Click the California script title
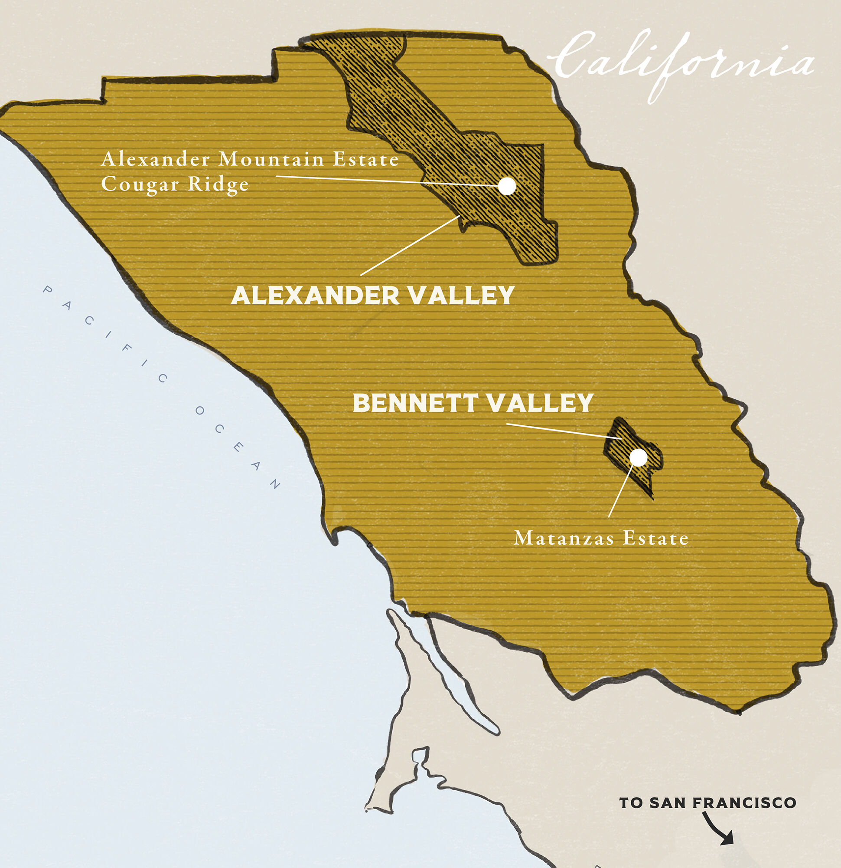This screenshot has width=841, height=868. pos(681,62)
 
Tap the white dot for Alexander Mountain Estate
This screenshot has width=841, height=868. pos(507,186)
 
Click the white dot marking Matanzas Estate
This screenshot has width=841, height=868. pos(638,457)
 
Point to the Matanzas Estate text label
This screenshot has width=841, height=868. pos(601,538)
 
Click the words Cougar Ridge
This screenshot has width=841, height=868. pos(175,184)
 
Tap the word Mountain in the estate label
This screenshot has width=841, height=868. pos(272,159)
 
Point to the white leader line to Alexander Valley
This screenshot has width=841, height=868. pos(409,246)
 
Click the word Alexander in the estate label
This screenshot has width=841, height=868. pos(155,159)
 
